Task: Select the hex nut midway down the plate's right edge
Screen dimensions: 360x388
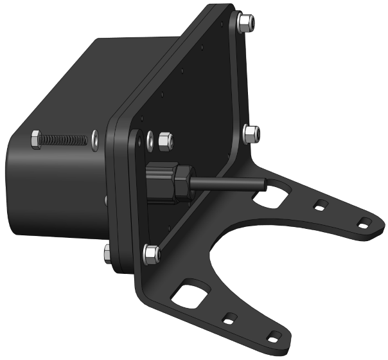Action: point(251,134)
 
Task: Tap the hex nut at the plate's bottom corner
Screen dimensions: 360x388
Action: point(152,255)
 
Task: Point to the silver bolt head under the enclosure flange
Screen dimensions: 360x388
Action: point(107,252)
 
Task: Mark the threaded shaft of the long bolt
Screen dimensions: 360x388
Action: point(64,138)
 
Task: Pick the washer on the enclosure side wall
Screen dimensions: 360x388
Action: point(94,139)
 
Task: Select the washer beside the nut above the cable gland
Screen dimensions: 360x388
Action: point(150,139)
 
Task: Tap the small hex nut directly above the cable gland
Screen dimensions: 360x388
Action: point(164,139)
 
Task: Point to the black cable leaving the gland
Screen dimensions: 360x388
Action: point(225,184)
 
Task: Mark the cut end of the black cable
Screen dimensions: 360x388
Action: point(263,185)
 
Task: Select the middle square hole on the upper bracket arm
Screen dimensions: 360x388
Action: point(319,207)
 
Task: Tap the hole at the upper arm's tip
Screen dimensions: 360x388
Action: point(364,224)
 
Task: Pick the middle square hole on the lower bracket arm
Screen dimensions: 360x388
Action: point(229,318)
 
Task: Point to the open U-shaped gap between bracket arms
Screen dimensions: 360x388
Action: point(257,257)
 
